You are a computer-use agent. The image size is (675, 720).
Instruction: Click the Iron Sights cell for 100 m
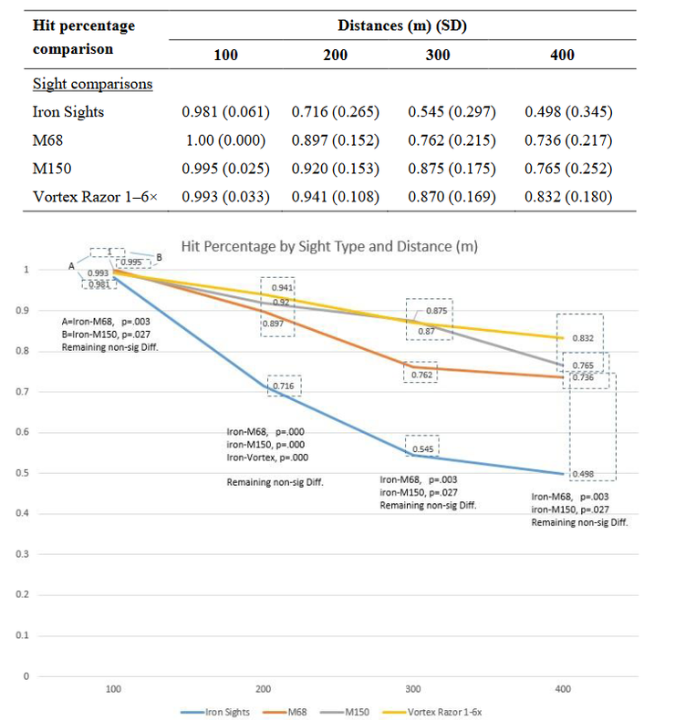[x=225, y=112]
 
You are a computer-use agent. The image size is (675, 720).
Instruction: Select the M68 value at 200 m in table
[x=335, y=140]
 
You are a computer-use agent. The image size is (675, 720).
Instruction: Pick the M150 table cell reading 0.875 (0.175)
[x=450, y=169]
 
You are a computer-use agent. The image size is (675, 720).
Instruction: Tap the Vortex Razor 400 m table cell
[x=568, y=197]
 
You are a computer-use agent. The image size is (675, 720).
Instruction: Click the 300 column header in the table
[x=438, y=55]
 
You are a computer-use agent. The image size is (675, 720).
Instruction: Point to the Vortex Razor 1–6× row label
[x=96, y=197]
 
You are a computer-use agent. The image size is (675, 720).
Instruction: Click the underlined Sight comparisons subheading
[x=92, y=84]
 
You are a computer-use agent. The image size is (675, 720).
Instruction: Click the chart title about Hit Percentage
[x=329, y=246]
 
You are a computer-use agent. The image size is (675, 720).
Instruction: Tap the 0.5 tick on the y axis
[x=26, y=473]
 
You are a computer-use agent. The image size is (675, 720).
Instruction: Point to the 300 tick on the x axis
[x=413, y=689]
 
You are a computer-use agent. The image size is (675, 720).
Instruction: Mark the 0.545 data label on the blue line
[x=422, y=448]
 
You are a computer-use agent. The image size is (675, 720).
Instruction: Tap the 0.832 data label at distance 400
[x=583, y=337]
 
